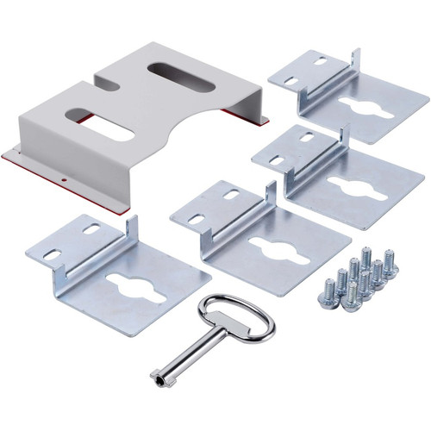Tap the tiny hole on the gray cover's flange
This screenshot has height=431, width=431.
pos(65,180)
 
